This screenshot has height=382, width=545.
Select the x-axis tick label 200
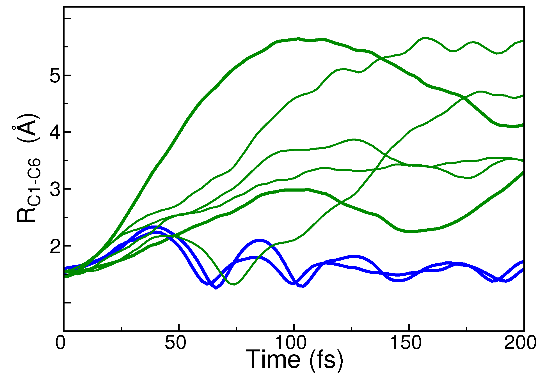(520, 343)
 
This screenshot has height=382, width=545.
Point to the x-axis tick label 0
(60, 343)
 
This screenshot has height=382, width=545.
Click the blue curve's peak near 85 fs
(260, 240)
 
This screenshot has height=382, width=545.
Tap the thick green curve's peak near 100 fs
(298, 39)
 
